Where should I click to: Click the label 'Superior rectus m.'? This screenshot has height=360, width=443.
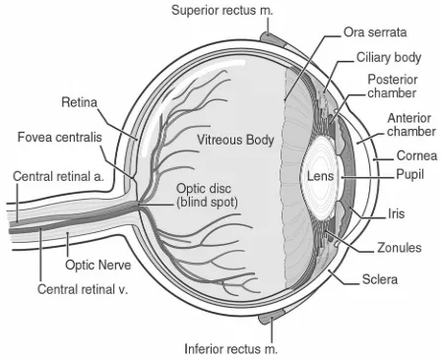tap(222, 10)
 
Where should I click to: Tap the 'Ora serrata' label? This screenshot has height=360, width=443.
tap(375, 32)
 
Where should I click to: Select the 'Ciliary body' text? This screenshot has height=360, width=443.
tap(389, 57)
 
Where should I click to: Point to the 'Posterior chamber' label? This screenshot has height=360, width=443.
tap(392, 86)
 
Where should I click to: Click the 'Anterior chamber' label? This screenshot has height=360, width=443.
tap(411, 125)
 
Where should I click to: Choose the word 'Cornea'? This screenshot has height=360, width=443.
tap(416, 155)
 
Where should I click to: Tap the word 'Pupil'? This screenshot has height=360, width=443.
tap(410, 174)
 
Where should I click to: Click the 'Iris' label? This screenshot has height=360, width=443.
tap(396, 213)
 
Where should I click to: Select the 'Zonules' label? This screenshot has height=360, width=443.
tap(400, 248)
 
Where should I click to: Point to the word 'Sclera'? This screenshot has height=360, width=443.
tap(380, 279)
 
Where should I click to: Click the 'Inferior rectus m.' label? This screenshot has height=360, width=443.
tap(230, 349)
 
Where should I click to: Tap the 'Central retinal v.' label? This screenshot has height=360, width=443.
tap(83, 289)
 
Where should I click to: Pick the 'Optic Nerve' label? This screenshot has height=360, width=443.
tap(97, 265)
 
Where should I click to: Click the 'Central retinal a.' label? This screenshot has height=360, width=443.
tap(58, 176)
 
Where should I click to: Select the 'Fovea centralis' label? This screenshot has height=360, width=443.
tap(60, 137)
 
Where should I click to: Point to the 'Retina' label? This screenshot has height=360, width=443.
tap(80, 102)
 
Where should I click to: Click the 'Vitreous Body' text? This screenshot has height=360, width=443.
tap(235, 140)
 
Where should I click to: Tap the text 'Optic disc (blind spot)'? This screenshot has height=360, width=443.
tap(207, 196)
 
